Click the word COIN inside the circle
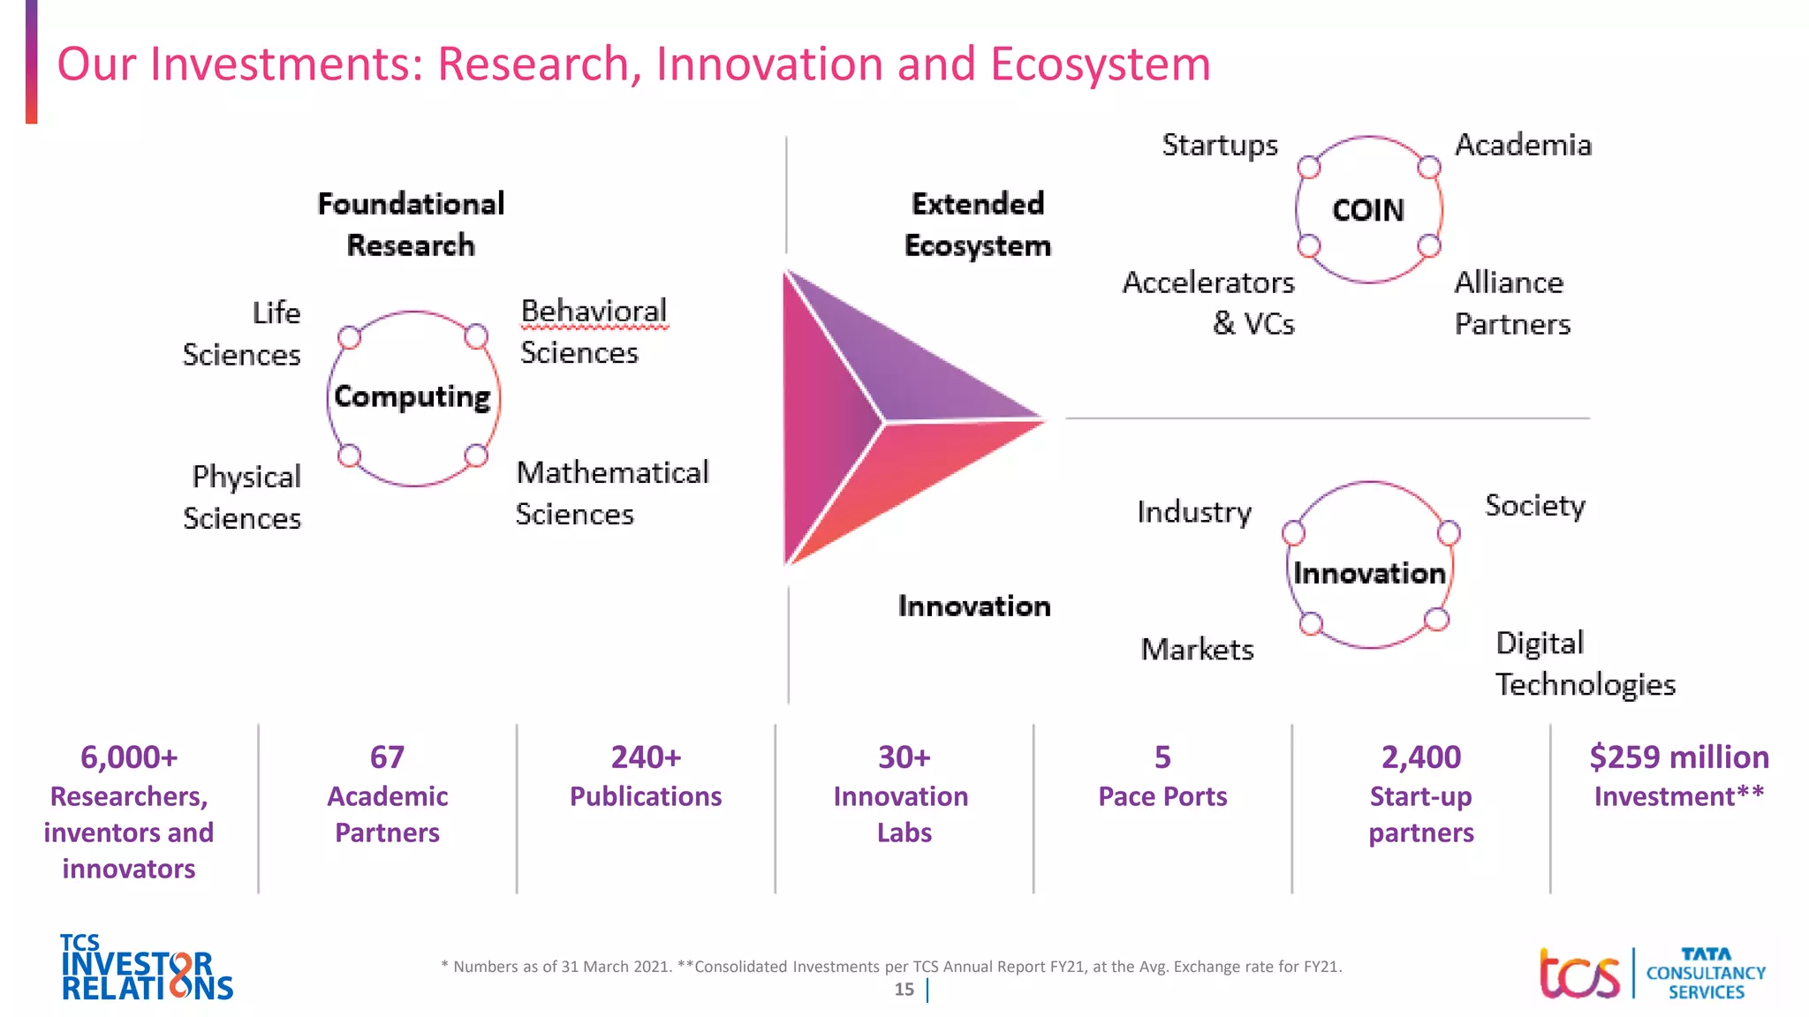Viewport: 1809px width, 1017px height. [x=1367, y=210]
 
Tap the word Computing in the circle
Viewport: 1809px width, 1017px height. [x=412, y=397]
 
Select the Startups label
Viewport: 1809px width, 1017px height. [x=1219, y=145]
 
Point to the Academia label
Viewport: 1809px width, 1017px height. [x=1523, y=145]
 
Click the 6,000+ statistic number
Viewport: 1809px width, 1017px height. [x=129, y=757]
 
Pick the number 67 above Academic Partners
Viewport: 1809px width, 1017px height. [x=387, y=757]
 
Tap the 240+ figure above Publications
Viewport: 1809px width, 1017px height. [x=646, y=757]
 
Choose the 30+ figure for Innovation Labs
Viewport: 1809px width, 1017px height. [x=904, y=757]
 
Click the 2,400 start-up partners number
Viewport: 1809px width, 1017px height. [x=1420, y=757]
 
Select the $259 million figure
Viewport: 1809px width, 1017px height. [x=1678, y=757]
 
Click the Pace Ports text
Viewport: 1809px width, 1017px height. [x=1162, y=796]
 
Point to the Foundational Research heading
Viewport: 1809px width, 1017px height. [x=411, y=224]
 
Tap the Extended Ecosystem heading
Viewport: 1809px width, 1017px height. [x=977, y=224]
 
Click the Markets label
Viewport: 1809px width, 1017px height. [x=1197, y=650]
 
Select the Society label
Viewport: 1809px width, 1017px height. [x=1534, y=506]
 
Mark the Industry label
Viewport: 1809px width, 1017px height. [x=1193, y=512]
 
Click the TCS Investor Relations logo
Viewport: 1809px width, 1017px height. [x=147, y=968]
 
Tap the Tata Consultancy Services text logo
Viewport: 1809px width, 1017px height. [x=1705, y=973]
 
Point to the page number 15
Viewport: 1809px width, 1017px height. [x=904, y=990]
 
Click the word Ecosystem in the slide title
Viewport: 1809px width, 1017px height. [x=1100, y=64]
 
